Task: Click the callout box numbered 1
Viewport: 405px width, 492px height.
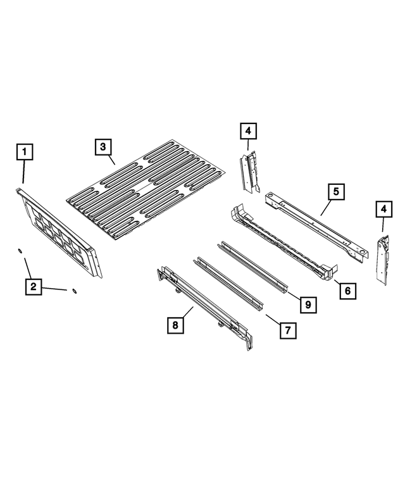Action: point(25,152)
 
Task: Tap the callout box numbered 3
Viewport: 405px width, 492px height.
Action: point(103,147)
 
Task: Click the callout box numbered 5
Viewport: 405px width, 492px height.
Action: point(336,191)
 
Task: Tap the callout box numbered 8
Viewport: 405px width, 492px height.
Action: point(175,325)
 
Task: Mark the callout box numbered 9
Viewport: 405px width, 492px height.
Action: point(306,305)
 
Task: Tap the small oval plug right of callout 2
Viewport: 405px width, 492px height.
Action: point(75,291)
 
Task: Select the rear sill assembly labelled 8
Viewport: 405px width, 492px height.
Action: point(202,304)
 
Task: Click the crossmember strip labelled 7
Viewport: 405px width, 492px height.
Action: point(228,285)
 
